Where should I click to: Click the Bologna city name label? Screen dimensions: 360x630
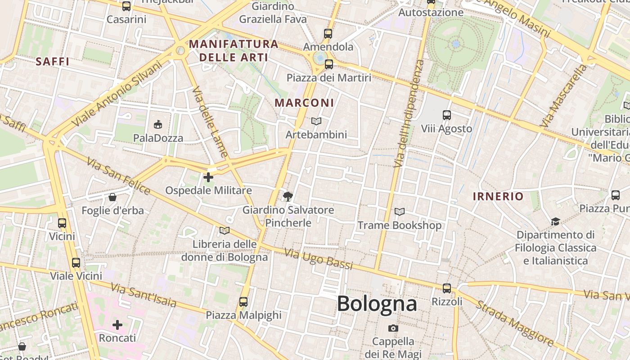(x=377, y=303)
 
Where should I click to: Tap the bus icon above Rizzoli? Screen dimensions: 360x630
(x=446, y=288)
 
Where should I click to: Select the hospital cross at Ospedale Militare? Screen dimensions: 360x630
(x=208, y=177)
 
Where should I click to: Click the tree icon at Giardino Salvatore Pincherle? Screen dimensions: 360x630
(x=288, y=196)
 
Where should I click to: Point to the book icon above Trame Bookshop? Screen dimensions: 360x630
(x=399, y=211)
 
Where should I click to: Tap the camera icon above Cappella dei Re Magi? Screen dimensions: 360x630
(x=393, y=328)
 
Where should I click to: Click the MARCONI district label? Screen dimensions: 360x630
(x=305, y=103)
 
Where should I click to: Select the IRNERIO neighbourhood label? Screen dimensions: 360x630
(x=498, y=196)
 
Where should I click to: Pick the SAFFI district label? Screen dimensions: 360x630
(x=53, y=62)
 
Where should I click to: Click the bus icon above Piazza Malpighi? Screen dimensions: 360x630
(x=243, y=301)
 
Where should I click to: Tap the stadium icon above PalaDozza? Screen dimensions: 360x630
(x=158, y=124)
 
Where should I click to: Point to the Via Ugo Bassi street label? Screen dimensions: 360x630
(x=319, y=258)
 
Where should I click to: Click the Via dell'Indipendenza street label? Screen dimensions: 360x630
(x=409, y=113)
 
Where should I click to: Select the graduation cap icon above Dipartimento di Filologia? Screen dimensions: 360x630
(x=555, y=221)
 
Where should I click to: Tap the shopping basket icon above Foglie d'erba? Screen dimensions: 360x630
(x=112, y=197)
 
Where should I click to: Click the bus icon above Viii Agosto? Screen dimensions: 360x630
(x=446, y=115)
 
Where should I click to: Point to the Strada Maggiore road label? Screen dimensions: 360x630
(x=515, y=323)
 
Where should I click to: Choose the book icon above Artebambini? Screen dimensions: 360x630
(x=316, y=121)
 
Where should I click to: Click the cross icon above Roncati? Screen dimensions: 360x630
(x=117, y=324)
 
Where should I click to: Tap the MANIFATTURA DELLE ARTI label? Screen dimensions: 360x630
(x=234, y=50)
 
